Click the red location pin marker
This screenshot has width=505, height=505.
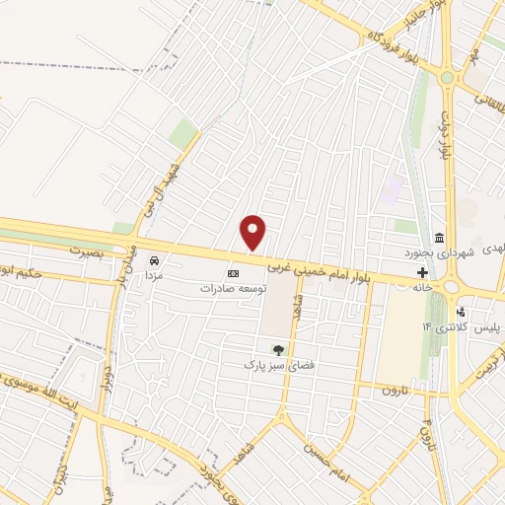click(x=254, y=231)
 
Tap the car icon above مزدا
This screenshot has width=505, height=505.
click(x=154, y=260)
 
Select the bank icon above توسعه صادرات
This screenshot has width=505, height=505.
click(x=234, y=273)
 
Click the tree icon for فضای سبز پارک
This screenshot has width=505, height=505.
click(x=278, y=349)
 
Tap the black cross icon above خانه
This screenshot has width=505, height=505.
click(x=422, y=272)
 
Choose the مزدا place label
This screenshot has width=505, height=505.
click(x=153, y=277)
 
